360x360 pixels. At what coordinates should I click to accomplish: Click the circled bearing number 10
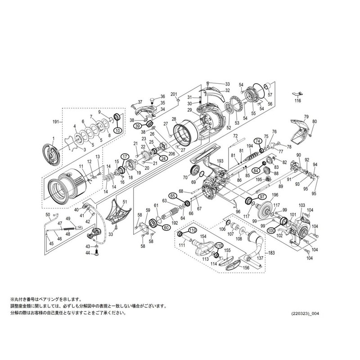tap(118, 130)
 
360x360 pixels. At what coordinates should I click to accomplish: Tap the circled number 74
tap(258, 140)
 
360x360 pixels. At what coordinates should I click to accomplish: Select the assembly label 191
tap(56, 122)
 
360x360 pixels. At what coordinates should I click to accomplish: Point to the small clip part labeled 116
tap(296, 93)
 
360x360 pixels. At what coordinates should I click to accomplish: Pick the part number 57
tap(270, 95)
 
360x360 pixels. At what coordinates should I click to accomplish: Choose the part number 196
tap(275, 194)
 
